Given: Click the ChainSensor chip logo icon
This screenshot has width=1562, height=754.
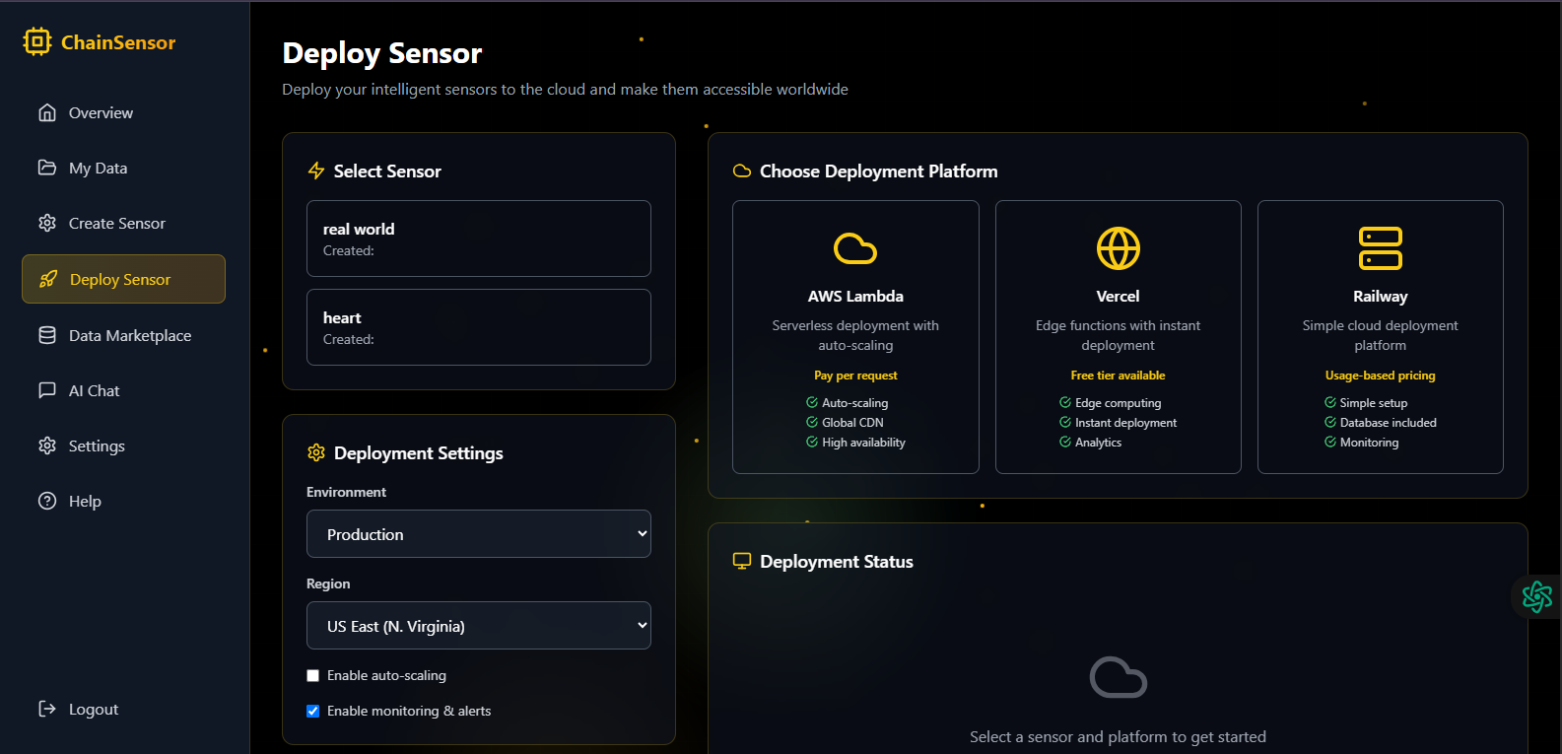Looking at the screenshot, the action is [x=37, y=41].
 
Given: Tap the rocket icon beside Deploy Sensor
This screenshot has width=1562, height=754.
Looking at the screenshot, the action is [x=48, y=279].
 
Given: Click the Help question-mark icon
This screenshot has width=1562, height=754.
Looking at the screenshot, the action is [x=47, y=501].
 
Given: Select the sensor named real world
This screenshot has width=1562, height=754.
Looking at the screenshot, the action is [x=478, y=239].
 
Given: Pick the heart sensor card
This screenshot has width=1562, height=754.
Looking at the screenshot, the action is [x=478, y=327].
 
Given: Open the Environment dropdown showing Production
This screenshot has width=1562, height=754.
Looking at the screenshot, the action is [x=478, y=534].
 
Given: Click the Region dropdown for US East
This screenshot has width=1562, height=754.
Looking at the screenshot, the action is [x=478, y=626].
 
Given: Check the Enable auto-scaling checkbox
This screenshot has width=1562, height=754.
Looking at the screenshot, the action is [x=313, y=676].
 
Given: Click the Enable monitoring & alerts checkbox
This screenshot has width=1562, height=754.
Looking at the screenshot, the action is [x=313, y=712].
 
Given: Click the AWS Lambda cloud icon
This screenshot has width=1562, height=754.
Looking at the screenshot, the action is [x=855, y=249].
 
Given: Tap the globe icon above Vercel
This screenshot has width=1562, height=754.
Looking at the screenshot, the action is [x=1118, y=248].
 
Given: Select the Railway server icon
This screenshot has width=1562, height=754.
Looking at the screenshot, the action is [x=1380, y=248].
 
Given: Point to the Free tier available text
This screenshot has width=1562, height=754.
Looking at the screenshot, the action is [x=1118, y=376].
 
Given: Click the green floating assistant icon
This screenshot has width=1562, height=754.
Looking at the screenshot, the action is [x=1537, y=597].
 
